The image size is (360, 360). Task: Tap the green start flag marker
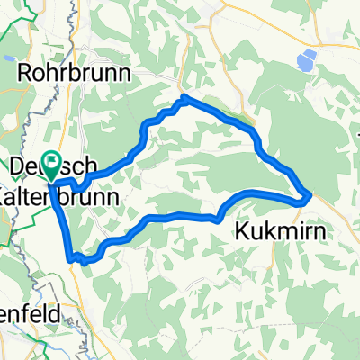coord(51,165)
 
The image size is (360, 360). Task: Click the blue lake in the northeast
coord(307,60)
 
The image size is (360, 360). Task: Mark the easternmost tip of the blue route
coord(310,193)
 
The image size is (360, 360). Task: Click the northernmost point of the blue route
coord(184,96)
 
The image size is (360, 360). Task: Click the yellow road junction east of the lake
coord(347,43)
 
